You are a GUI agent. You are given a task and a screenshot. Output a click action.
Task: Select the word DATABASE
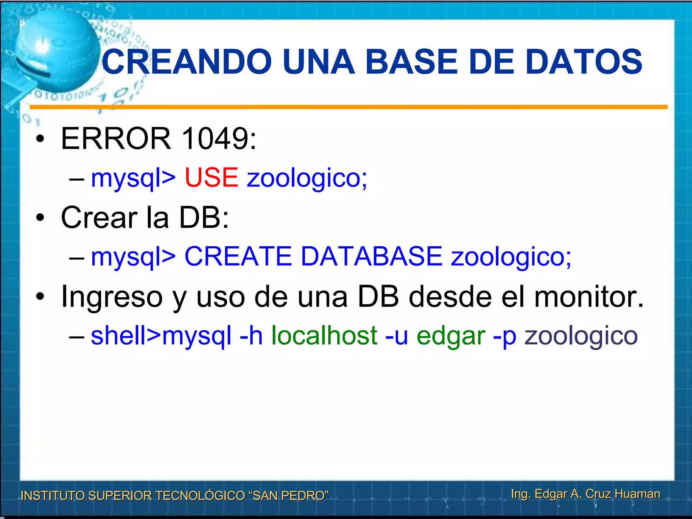(371, 256)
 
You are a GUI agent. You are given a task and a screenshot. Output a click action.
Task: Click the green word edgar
(451, 336)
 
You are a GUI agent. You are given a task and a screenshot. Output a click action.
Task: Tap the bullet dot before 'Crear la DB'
(40, 218)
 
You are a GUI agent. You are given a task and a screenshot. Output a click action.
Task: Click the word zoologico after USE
(306, 178)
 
